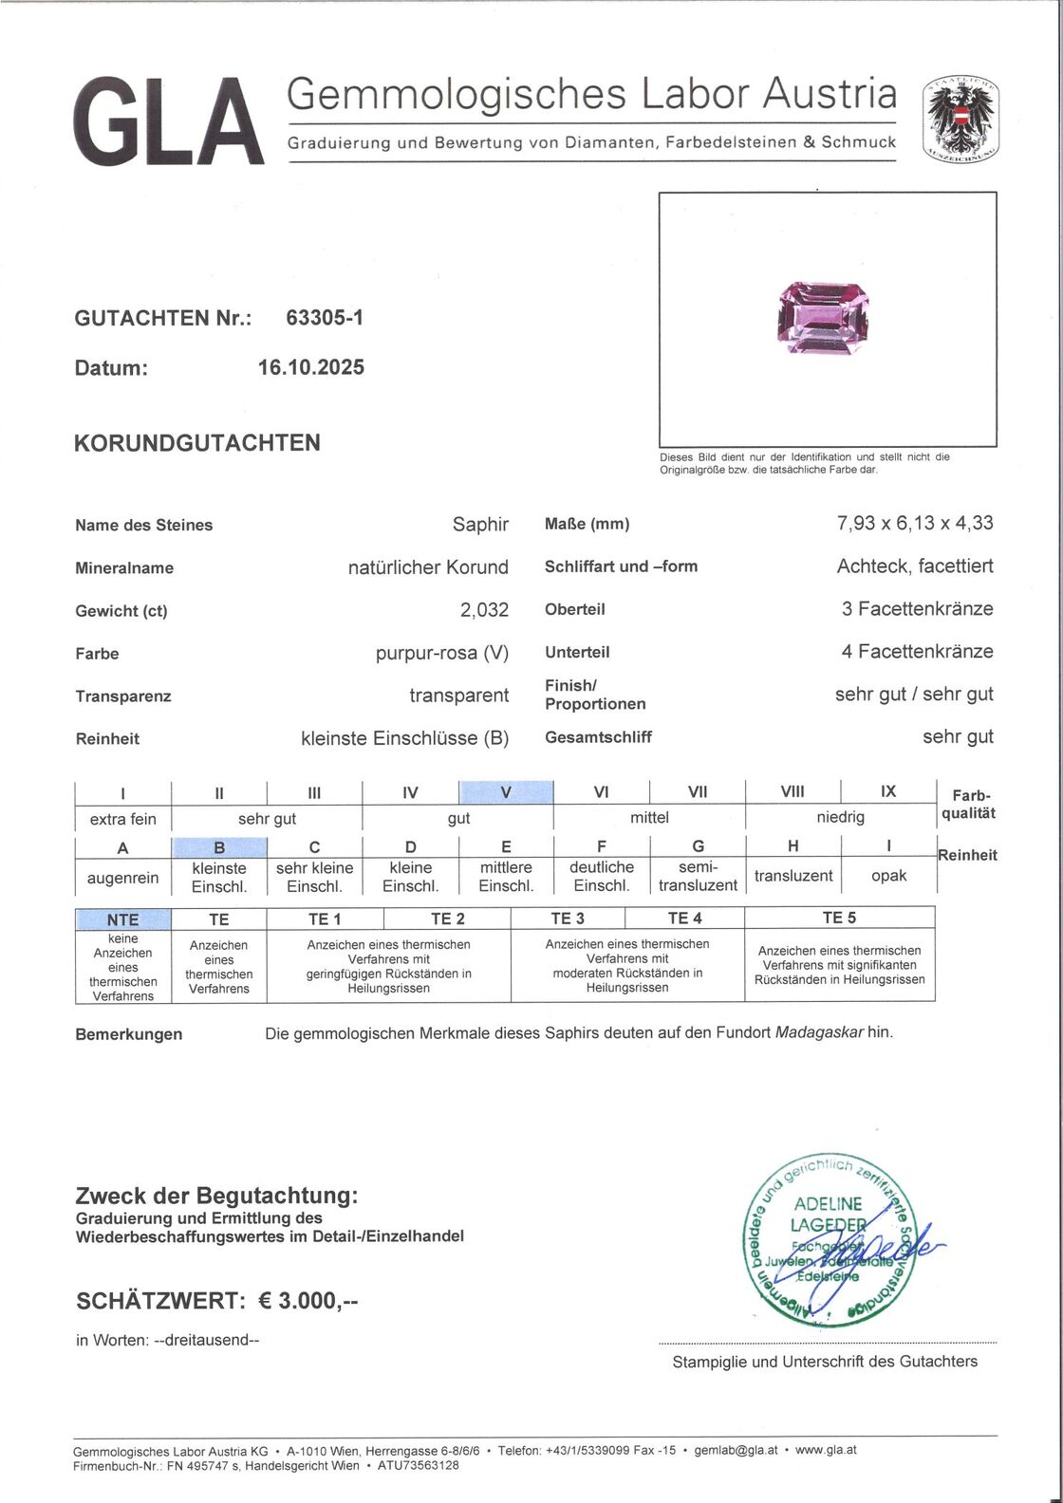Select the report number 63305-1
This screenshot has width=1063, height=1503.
(325, 319)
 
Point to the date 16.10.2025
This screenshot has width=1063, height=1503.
(304, 368)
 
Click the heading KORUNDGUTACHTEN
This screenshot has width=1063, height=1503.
(197, 443)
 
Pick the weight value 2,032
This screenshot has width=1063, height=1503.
(484, 610)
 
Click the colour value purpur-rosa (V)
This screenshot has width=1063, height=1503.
(442, 653)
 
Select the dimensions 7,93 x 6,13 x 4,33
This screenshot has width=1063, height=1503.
(915, 523)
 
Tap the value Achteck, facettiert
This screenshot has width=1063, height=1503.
(915, 566)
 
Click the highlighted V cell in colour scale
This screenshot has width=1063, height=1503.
(506, 792)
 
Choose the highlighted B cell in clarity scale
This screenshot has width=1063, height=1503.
(218, 847)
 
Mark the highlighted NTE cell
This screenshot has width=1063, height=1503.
(123, 918)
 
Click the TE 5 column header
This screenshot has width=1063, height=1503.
(839, 918)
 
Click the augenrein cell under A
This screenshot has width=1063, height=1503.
(123, 877)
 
